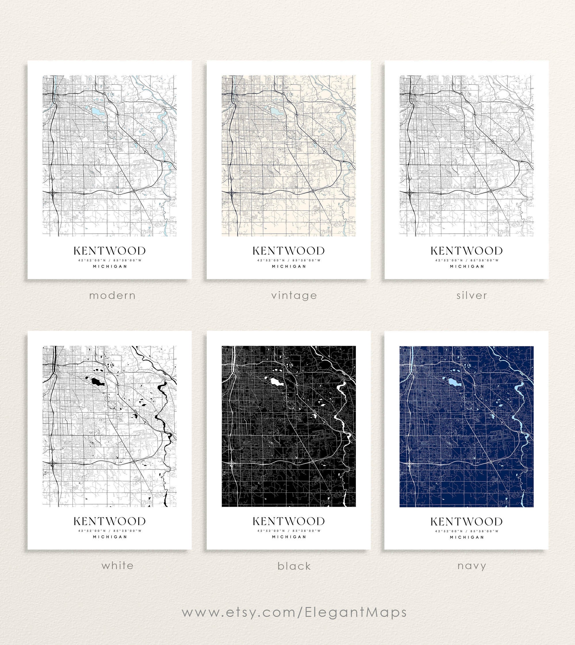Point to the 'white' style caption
(117, 565)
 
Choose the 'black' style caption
(294, 566)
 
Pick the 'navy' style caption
(471, 566)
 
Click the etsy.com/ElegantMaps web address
(294, 612)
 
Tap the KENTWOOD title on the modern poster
(110, 251)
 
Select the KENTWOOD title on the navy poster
(466, 521)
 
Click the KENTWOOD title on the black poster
(288, 521)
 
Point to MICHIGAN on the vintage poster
(289, 266)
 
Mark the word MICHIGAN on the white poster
(110, 537)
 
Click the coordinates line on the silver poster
(467, 260)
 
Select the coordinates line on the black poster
(289, 531)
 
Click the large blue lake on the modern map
(95, 111)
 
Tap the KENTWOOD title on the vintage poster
(288, 251)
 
